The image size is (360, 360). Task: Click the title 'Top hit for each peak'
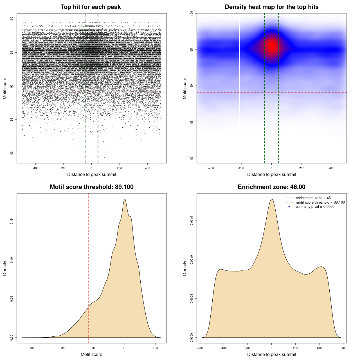click(91, 7)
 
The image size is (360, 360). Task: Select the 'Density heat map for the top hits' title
click(271, 7)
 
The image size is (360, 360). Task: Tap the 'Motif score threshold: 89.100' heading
click(91, 187)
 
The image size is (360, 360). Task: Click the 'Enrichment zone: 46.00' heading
click(271, 187)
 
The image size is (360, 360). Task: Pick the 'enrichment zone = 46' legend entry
click(313, 198)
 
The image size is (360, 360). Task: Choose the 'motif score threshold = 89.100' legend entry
click(320, 202)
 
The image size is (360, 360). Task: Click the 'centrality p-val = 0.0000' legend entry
click(315, 207)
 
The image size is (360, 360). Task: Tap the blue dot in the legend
click(289, 207)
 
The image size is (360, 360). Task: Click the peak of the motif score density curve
click(124, 199)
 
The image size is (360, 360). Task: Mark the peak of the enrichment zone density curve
click(272, 199)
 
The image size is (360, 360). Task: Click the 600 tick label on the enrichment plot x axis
click(343, 348)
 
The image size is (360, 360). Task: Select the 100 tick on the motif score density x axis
click(156, 348)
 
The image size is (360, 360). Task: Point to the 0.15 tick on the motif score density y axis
click(12, 221)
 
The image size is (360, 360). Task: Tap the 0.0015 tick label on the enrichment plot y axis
click(192, 221)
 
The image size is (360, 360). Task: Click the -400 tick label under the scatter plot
click(35, 168)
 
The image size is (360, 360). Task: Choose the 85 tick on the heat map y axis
click(192, 122)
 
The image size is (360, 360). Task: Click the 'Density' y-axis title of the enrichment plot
click(185, 268)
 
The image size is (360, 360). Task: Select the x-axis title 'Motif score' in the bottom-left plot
click(91, 354)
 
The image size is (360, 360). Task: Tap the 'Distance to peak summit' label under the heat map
click(271, 174)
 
